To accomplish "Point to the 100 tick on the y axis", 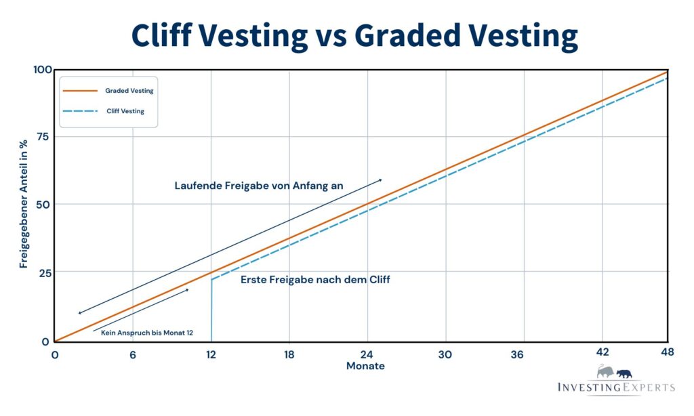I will pyautogui.click(x=42, y=70).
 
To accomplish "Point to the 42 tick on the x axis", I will pyautogui.click(x=602, y=352).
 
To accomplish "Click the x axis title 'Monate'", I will pyautogui.click(x=365, y=366).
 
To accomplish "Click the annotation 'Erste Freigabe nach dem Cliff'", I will pyautogui.click(x=315, y=279).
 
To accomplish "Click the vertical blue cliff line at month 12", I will pyautogui.click(x=211, y=312).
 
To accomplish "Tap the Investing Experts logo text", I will pyautogui.click(x=615, y=388).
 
